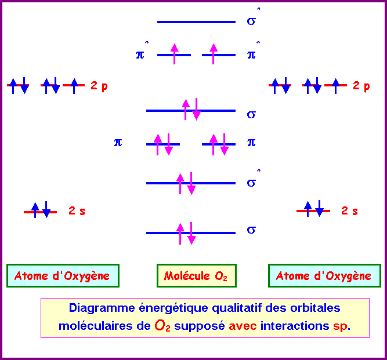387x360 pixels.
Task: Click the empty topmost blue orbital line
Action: pyautogui.click(x=196, y=22)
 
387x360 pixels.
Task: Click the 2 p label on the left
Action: pyautogui.click(x=99, y=86)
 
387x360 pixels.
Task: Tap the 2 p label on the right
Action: pyautogui.click(x=361, y=86)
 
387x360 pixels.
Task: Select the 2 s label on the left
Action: pyautogui.click(x=77, y=211)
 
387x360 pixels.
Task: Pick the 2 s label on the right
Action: pyautogui.click(x=349, y=211)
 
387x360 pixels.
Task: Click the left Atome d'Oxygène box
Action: pyautogui.click(x=63, y=276)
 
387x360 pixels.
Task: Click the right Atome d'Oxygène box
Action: pyautogui.click(x=324, y=276)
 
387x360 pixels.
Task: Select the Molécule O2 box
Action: pyautogui.click(x=196, y=276)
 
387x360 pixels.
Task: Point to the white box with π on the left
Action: pyautogui.click(x=126, y=141)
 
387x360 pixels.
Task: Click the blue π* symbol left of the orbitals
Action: pyautogui.click(x=141, y=54)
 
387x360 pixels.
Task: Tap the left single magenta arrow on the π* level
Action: pyautogui.click(x=173, y=53)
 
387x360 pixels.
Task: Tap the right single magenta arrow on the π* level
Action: pyautogui.click(x=213, y=53)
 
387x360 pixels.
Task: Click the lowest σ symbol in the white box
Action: pyautogui.click(x=251, y=229)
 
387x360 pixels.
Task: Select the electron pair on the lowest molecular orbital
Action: pyautogui.click(x=186, y=233)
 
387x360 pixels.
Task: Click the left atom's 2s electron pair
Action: pyautogui.click(x=41, y=210)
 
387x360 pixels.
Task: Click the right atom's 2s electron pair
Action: pyautogui.click(x=313, y=209)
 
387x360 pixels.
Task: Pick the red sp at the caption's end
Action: pyautogui.click(x=341, y=326)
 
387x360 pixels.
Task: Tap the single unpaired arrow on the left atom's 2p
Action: pyautogui.click(x=74, y=85)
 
